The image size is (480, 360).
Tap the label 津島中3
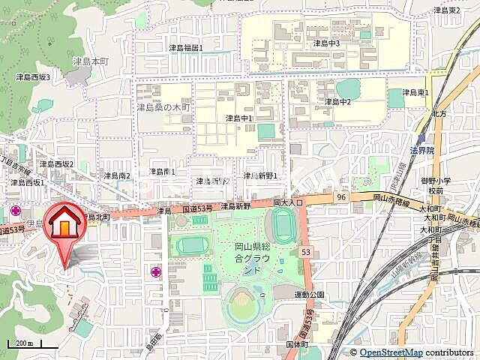pyautogui.click(x=326, y=43)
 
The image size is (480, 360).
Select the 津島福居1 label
pyautogui.click(x=185, y=48)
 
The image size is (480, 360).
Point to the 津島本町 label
pyautogui.click(x=90, y=60)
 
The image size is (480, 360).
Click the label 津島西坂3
pyautogui.click(x=33, y=77)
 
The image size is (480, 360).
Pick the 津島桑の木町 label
pyautogui.click(x=163, y=108)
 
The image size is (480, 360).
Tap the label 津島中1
pyautogui.click(x=239, y=118)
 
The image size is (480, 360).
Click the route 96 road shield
pyautogui.click(x=341, y=196)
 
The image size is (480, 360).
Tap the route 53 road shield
pyautogui.click(x=305, y=252)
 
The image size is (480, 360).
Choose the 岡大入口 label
pyautogui.click(x=288, y=202)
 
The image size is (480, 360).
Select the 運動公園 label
pyautogui.click(x=309, y=295)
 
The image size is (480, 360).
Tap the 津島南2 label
pyautogui.click(x=117, y=175)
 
